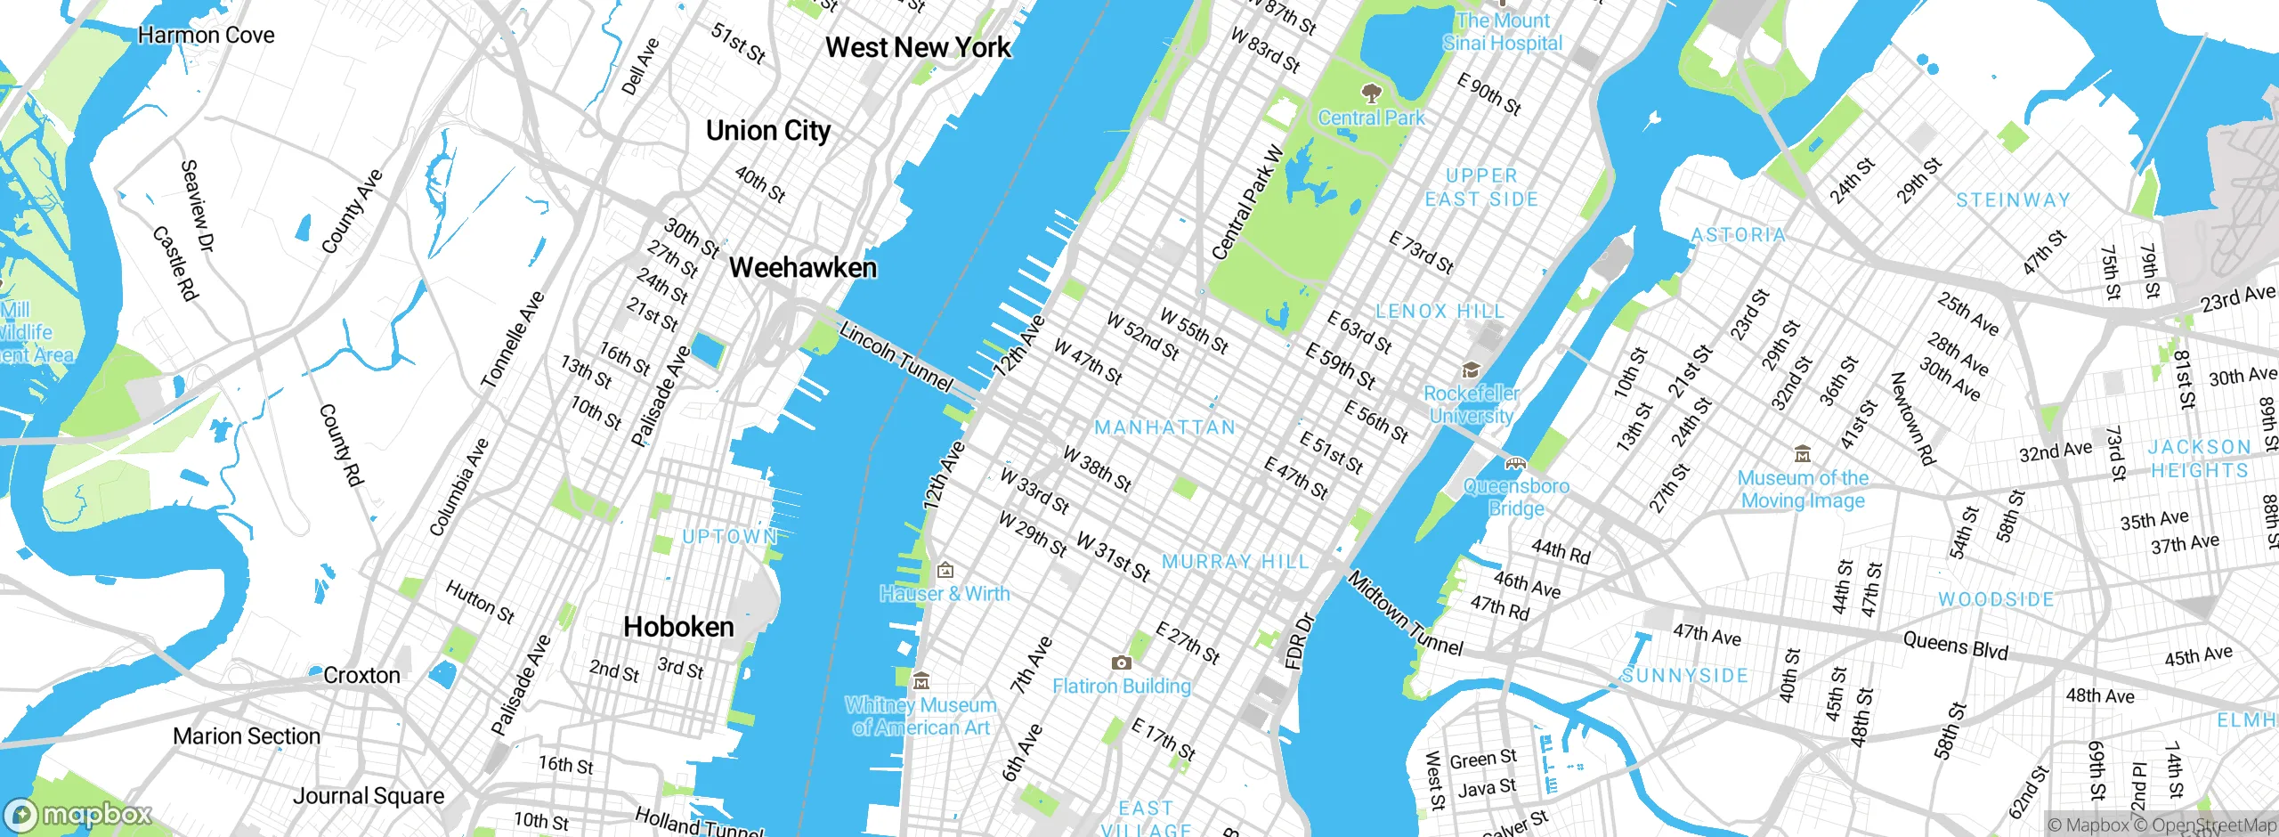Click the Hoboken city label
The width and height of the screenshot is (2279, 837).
678,627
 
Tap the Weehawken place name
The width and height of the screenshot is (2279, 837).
802,268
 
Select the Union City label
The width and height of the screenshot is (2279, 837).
767,131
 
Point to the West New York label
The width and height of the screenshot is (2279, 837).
918,47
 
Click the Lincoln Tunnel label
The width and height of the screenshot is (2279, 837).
896,357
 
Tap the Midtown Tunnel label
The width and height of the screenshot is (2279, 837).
1406,614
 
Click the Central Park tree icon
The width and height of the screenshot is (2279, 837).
1371,93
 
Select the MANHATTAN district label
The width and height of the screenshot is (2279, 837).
1165,427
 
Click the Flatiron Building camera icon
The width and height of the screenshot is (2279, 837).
1122,662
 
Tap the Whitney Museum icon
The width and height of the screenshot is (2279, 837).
921,681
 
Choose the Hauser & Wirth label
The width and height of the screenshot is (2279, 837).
945,594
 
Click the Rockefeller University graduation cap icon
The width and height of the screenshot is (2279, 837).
1471,370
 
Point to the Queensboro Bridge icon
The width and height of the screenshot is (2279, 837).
1515,463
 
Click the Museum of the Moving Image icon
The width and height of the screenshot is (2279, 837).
1803,454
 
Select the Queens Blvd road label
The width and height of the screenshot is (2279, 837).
1955,645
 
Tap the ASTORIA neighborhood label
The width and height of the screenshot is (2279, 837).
1739,235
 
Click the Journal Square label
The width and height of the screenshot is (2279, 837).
369,796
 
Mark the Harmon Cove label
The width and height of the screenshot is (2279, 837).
206,36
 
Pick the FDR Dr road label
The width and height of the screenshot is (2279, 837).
1299,640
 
